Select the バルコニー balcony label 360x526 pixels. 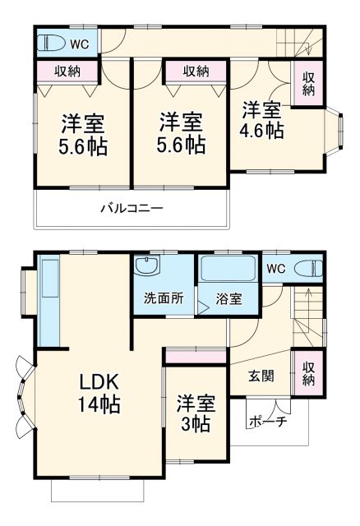coord(132,209)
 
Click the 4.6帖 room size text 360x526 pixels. coord(262,131)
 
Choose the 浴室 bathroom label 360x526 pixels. coord(228,299)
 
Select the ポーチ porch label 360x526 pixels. coord(267,422)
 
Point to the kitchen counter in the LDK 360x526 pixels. coord(48,300)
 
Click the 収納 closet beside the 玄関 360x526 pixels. coord(309,374)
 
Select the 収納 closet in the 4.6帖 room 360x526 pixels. coord(308,84)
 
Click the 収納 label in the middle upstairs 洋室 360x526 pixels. coord(196,72)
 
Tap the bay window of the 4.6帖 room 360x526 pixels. coord(337,131)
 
